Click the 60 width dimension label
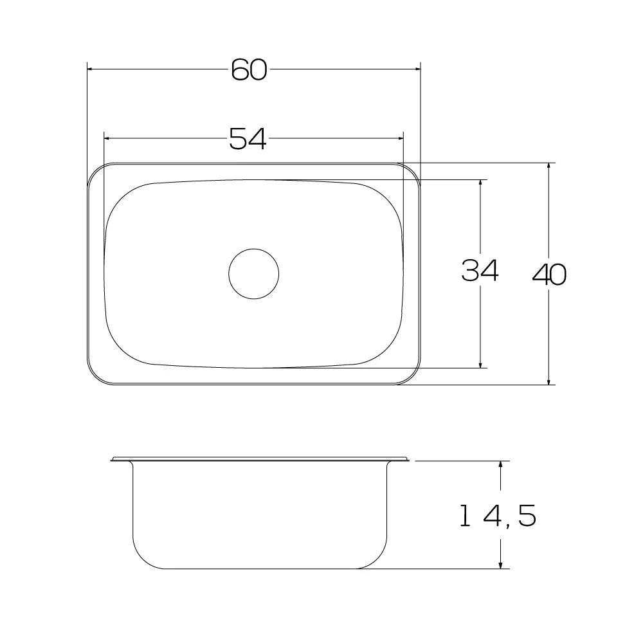point(249,69)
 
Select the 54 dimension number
point(248,138)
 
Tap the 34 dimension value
point(480,270)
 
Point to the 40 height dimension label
point(549,275)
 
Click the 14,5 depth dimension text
point(498,516)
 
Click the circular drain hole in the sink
point(254,273)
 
